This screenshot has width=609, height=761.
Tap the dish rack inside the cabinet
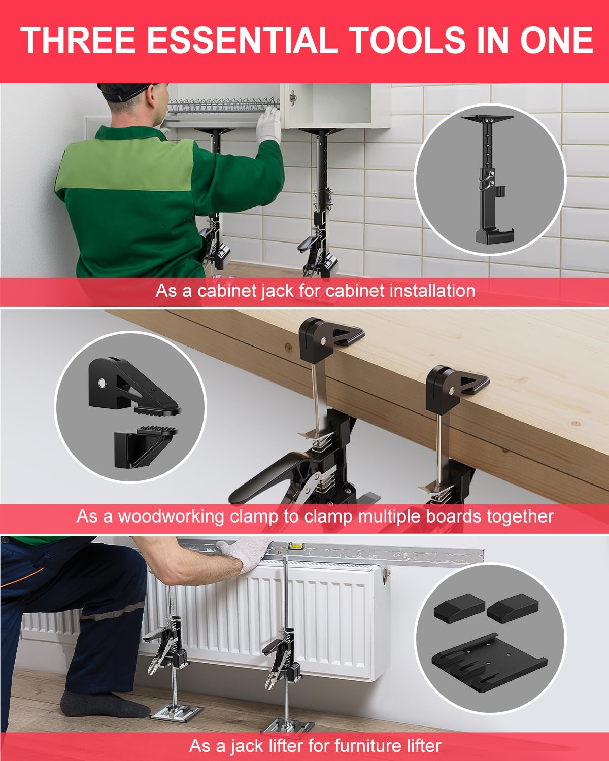223,109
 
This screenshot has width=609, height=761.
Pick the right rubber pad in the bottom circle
513,607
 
